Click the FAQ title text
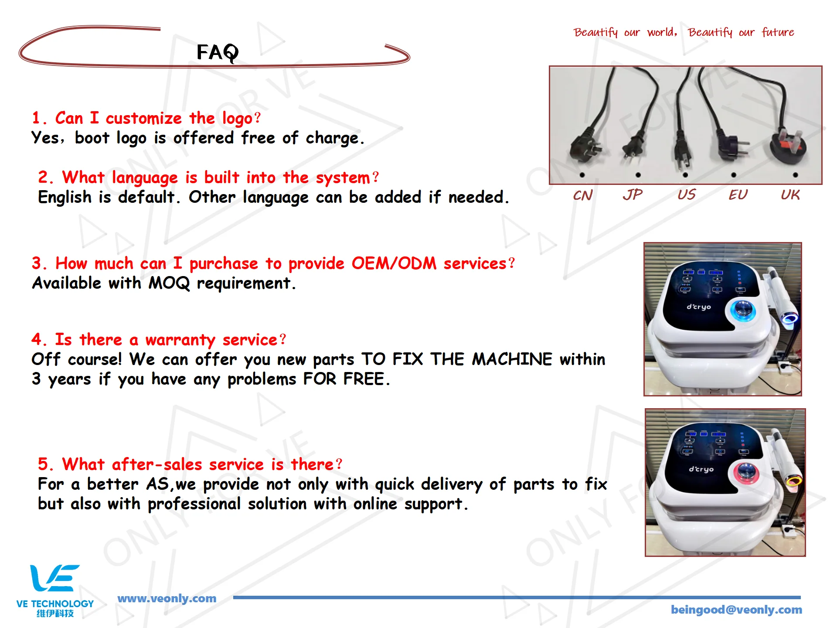[x=218, y=53]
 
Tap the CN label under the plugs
[x=583, y=195]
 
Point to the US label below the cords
[x=687, y=195]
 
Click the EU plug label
[x=738, y=195]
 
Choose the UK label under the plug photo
[x=790, y=195]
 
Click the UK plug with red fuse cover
[x=788, y=146]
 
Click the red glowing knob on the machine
[x=746, y=472]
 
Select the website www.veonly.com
[x=167, y=598]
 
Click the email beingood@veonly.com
[x=736, y=610]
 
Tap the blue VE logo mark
[x=54, y=578]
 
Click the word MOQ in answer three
[x=170, y=283]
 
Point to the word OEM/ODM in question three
[x=394, y=263]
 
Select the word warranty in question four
[x=180, y=340]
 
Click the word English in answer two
[x=65, y=198]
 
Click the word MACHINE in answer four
[x=512, y=359]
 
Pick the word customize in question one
[x=143, y=119]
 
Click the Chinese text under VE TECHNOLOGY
[x=55, y=614]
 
